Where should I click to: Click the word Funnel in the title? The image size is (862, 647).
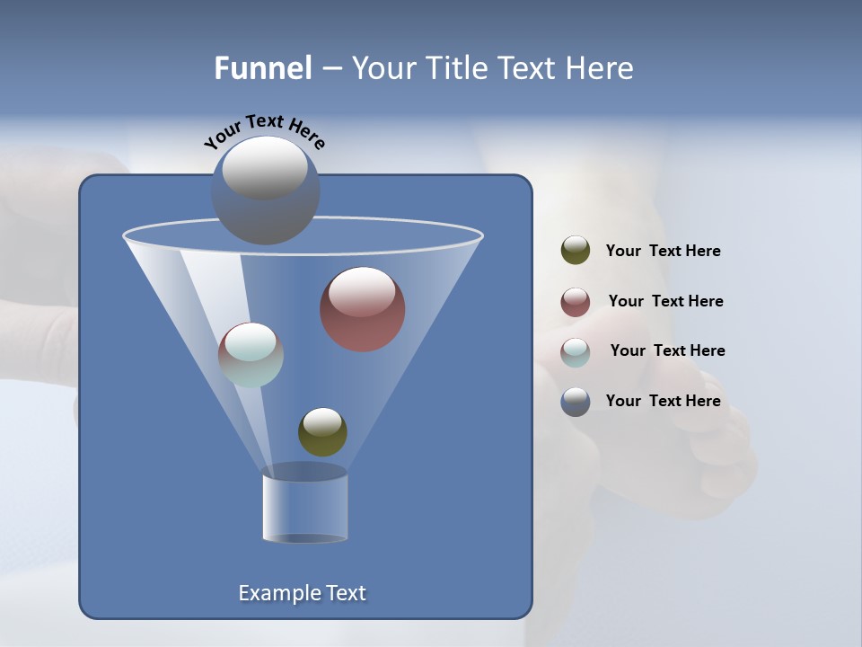pyautogui.click(x=263, y=68)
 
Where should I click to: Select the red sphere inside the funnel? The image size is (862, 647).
pyautogui.click(x=363, y=310)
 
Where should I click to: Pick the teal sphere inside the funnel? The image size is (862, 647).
pyautogui.click(x=251, y=355)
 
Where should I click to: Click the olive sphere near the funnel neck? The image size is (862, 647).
pyautogui.click(x=322, y=432)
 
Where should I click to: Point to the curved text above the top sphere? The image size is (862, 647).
pyautogui.click(x=265, y=130)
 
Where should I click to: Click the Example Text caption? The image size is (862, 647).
pyautogui.click(x=303, y=593)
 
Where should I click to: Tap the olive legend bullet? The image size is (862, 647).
pyautogui.click(x=576, y=251)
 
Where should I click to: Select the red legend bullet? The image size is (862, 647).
pyautogui.click(x=576, y=302)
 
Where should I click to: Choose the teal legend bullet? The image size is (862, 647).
pyautogui.click(x=576, y=352)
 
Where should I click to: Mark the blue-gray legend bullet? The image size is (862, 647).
pyautogui.click(x=576, y=402)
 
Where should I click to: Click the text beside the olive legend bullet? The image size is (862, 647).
pyautogui.click(x=663, y=252)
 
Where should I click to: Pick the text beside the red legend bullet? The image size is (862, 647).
pyautogui.click(x=665, y=302)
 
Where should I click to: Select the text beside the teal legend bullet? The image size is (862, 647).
pyautogui.click(x=667, y=351)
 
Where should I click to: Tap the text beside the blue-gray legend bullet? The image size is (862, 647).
pyautogui.click(x=663, y=402)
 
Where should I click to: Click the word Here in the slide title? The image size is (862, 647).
pyautogui.click(x=599, y=68)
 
